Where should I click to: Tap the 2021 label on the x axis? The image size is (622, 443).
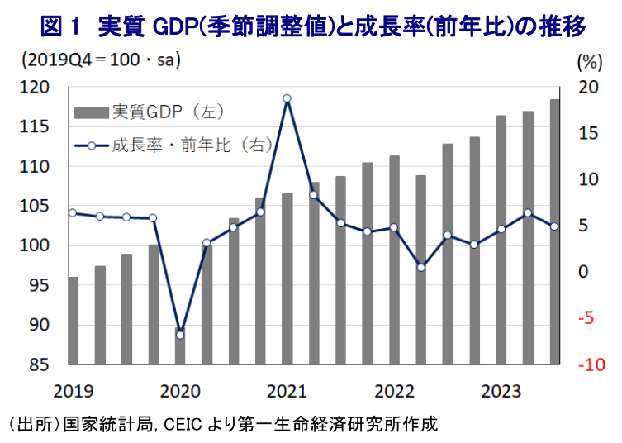[x=287, y=389]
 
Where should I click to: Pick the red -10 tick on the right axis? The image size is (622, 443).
[x=590, y=364]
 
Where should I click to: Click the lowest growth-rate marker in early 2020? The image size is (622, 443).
[x=180, y=335]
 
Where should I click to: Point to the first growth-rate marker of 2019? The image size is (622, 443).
[x=73, y=212]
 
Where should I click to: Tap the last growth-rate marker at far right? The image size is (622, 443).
[x=554, y=226]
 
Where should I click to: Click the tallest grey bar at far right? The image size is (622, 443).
[x=554, y=231]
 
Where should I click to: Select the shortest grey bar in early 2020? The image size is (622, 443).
[x=180, y=347]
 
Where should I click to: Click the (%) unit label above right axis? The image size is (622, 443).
[x=590, y=60]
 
